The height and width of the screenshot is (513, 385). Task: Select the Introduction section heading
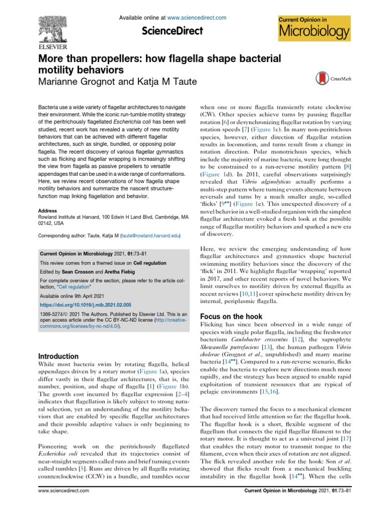pyautogui.click(x=58, y=356)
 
